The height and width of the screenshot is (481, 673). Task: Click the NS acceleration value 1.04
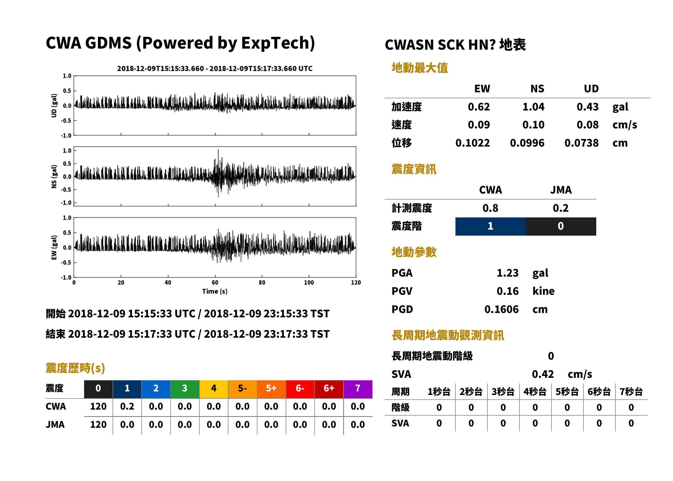point(533,107)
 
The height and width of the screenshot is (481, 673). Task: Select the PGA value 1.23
point(508,273)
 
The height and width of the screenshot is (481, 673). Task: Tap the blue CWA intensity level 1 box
point(490,226)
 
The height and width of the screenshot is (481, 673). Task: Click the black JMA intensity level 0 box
point(561,226)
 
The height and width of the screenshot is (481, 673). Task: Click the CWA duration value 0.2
point(127,406)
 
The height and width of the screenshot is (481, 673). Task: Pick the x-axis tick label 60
point(215,283)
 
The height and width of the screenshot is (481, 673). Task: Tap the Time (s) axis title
point(215,292)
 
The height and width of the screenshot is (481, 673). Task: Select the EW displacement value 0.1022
point(473,143)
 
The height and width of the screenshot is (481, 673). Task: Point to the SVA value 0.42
point(543,374)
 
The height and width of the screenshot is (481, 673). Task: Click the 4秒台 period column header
point(535,392)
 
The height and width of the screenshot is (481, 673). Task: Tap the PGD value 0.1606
point(501,309)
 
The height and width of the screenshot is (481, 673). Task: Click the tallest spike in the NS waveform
point(218,150)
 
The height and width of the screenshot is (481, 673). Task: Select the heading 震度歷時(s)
point(75,368)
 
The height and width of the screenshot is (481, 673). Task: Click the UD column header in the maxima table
point(591,88)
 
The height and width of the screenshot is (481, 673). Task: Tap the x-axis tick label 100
point(309,283)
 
